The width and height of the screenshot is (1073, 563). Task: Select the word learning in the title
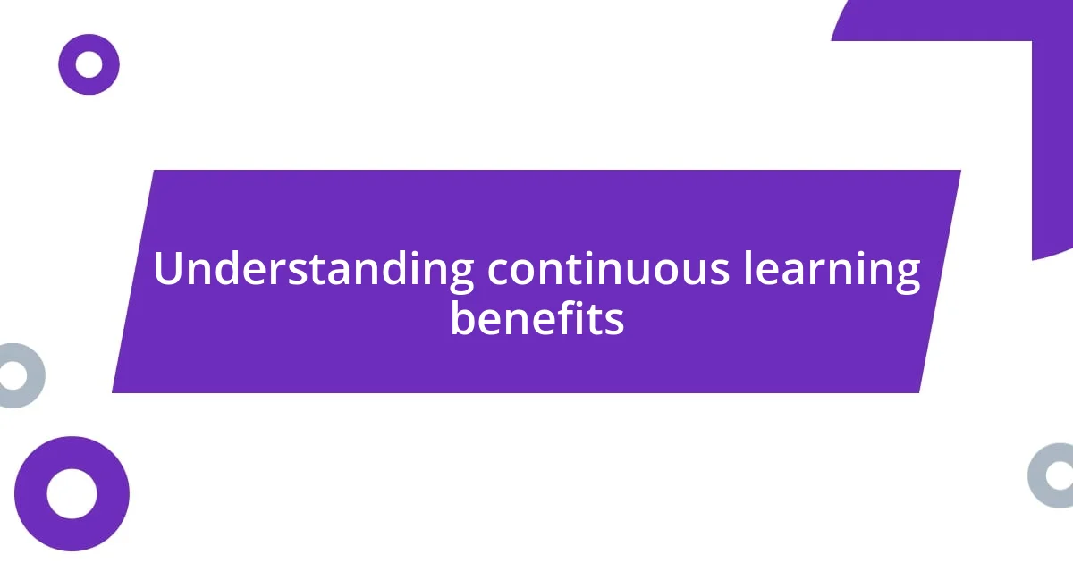click(832, 269)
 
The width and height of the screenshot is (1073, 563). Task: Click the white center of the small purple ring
click(89, 64)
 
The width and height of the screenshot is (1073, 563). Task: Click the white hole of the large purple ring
click(72, 493)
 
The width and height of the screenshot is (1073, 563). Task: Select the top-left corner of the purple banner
click(155, 172)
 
